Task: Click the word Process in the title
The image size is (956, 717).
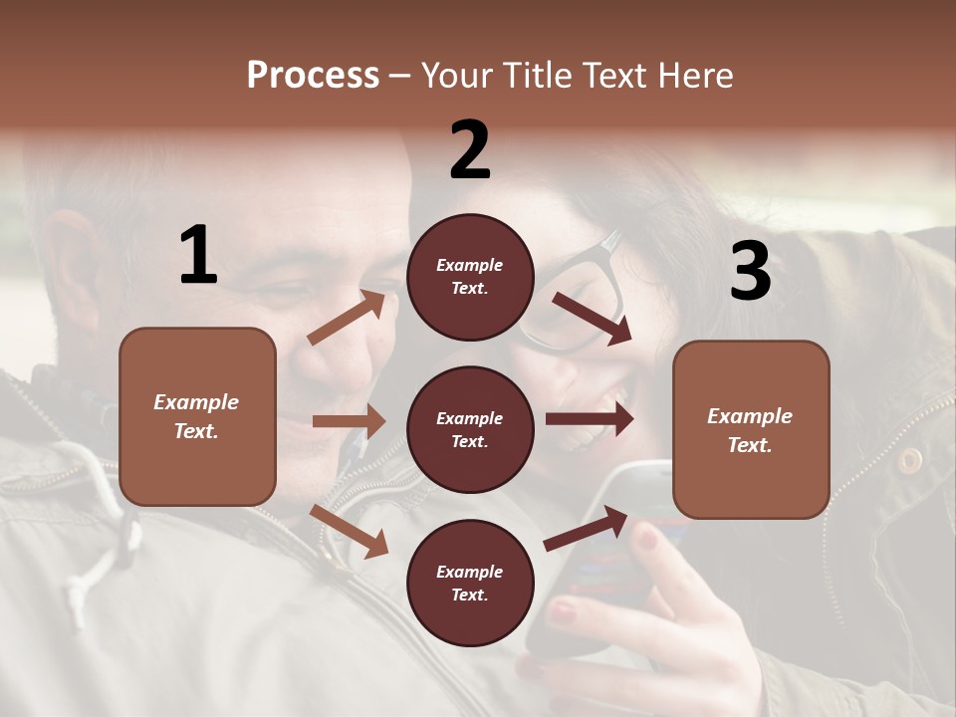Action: coord(313,75)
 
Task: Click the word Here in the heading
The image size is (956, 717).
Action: coord(691,75)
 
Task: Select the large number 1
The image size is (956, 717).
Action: coord(198,256)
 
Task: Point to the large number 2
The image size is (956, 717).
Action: coord(470,150)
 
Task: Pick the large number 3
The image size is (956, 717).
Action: coord(750,271)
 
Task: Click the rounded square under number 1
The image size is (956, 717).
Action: coord(197,416)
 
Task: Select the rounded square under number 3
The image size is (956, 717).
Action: coord(751,430)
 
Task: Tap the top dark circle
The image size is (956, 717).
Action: coord(470,277)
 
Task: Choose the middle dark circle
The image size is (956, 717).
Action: coord(470,429)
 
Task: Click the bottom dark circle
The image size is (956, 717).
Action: coord(470,583)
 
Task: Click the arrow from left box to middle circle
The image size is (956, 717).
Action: coord(349,421)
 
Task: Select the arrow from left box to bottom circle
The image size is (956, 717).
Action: coord(349,531)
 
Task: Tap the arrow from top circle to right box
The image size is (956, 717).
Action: coord(593,319)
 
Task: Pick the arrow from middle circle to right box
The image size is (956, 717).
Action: coord(590,419)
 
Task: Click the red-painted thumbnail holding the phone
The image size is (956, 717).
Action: coord(647,540)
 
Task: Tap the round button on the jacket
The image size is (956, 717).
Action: coord(909,460)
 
